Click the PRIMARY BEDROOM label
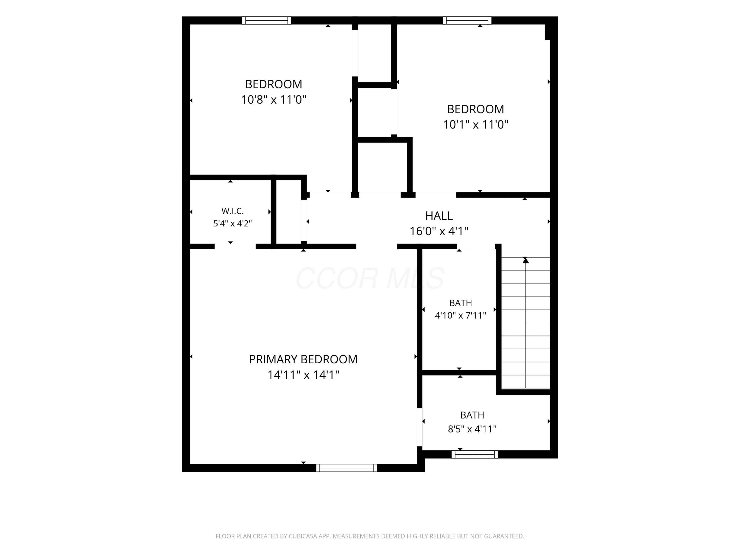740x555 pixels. point(303,359)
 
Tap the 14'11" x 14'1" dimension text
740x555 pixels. point(303,375)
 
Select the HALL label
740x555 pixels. point(439,216)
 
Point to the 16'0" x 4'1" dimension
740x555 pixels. point(439,231)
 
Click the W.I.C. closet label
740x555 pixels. point(233,211)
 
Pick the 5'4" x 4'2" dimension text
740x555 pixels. point(233,223)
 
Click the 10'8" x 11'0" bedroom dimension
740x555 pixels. point(274,100)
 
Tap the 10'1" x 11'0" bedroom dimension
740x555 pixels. point(475,125)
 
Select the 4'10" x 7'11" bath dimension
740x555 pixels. point(460,315)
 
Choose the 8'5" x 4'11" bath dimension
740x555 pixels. point(472,429)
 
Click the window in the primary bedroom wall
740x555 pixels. point(347,468)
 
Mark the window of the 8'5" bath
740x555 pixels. point(475,454)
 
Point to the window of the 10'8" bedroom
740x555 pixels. point(267,20)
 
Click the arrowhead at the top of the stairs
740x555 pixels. point(526,260)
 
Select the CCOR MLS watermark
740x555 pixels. point(370,278)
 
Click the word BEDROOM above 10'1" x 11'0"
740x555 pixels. point(475,109)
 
